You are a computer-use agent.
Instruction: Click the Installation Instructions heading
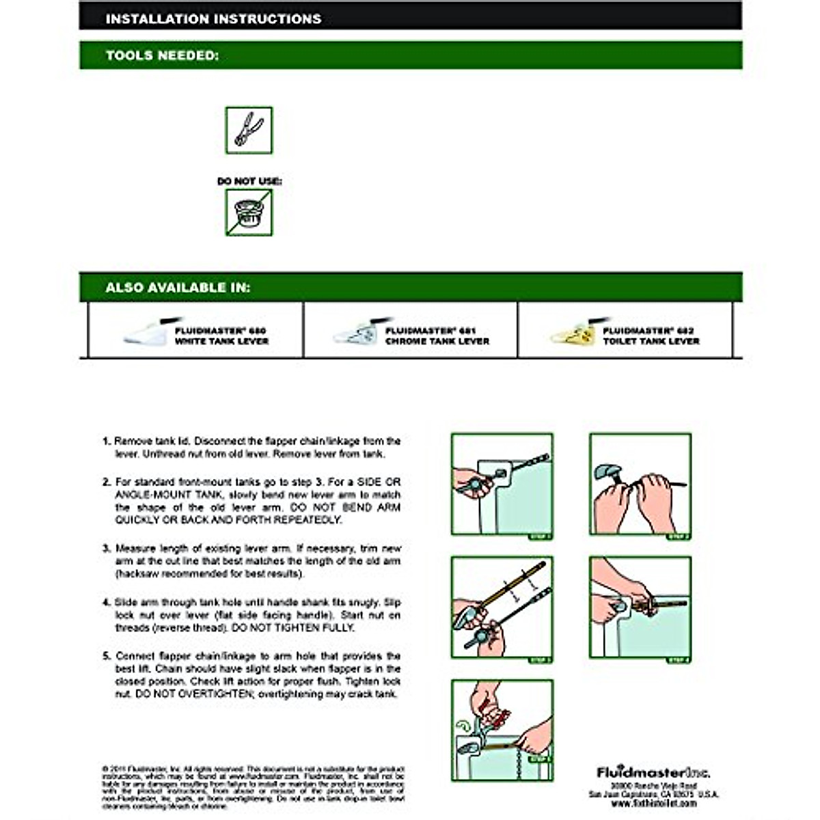click(x=213, y=18)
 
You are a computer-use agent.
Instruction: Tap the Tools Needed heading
click(x=162, y=55)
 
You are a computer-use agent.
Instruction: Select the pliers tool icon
click(x=249, y=130)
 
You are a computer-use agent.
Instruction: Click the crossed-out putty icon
click(x=249, y=213)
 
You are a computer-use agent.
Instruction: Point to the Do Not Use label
click(x=249, y=181)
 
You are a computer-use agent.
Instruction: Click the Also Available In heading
click(x=178, y=288)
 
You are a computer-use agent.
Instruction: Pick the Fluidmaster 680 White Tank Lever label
click(x=221, y=336)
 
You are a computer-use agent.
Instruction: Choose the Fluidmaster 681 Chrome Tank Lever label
click(x=437, y=336)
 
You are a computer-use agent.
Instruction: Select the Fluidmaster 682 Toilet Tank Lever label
click(x=651, y=336)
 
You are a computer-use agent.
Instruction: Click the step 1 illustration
click(x=502, y=486)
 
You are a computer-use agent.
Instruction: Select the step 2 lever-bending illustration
click(x=640, y=486)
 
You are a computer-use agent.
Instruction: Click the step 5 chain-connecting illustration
click(x=502, y=730)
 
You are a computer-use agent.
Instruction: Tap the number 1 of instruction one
click(x=106, y=441)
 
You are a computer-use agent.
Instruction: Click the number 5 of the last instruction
click(x=106, y=656)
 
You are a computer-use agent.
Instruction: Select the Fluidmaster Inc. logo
click(x=653, y=773)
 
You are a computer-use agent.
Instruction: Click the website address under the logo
click(x=653, y=804)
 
